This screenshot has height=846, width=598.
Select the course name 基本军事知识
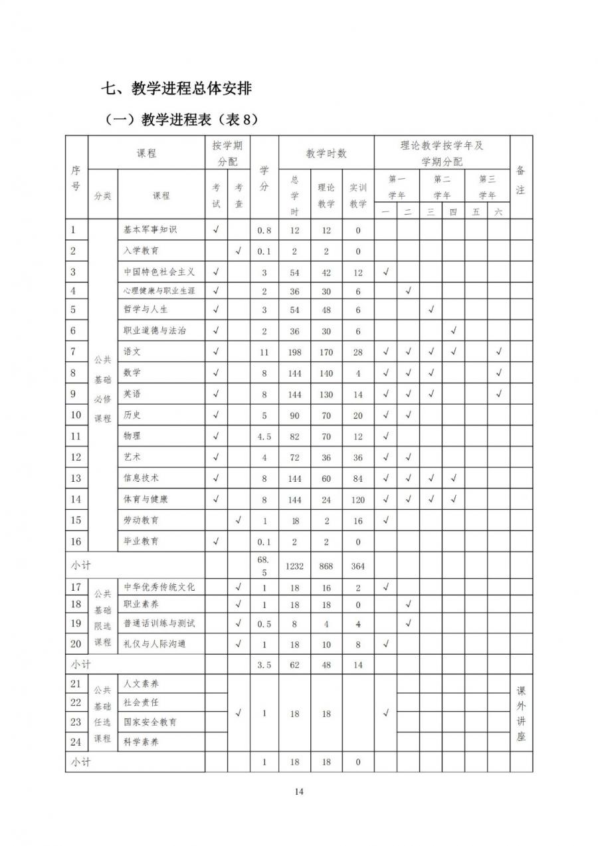pos(150,230)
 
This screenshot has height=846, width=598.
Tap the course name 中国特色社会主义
pos(159,272)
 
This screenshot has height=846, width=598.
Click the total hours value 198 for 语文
pos(295,352)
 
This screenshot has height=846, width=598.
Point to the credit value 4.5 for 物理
pos(264,437)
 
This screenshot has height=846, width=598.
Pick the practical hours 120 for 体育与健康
pos(358,499)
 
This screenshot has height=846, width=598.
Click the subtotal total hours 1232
pos(295,566)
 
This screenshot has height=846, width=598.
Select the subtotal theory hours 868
pos(326,566)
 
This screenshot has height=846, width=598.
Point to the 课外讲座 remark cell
pos(521,713)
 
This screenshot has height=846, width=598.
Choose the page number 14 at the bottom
pos(299,791)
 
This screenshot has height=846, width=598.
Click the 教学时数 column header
pos(326,154)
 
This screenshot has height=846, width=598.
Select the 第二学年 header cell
pos(442,187)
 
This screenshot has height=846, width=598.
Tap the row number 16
pos(76,542)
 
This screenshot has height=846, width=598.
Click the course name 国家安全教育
pos(150,722)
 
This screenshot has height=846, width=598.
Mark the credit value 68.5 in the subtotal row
pos(264,566)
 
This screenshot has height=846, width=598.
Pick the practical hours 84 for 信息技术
pos(358,478)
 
